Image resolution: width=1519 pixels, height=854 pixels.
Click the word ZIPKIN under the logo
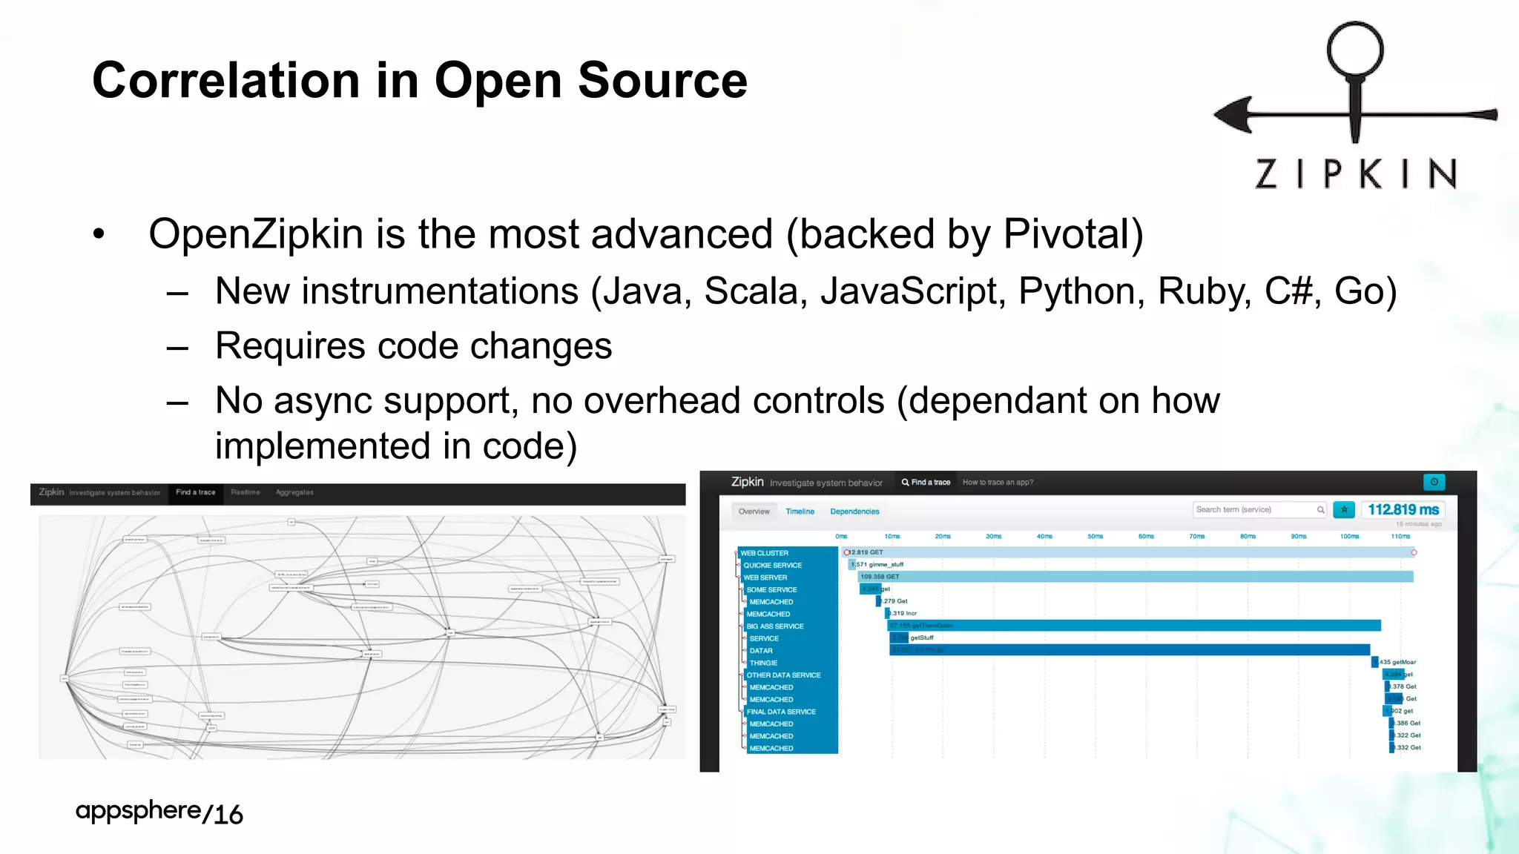point(1356,175)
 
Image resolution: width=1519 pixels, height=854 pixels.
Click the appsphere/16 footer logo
point(159,812)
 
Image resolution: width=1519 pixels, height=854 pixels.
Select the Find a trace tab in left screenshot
point(196,492)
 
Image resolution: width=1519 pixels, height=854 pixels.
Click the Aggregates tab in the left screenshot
point(294,492)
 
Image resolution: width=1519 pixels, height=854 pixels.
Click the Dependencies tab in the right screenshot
point(854,512)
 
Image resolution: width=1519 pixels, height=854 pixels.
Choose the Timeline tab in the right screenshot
point(800,512)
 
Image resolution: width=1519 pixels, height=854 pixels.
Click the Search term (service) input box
point(1253,509)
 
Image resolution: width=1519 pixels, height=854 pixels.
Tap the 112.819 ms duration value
point(1403,509)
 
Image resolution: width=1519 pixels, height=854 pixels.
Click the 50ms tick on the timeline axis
point(1095,536)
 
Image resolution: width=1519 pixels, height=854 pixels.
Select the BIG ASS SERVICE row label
point(775,626)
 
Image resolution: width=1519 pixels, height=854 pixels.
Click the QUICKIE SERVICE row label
point(772,565)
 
